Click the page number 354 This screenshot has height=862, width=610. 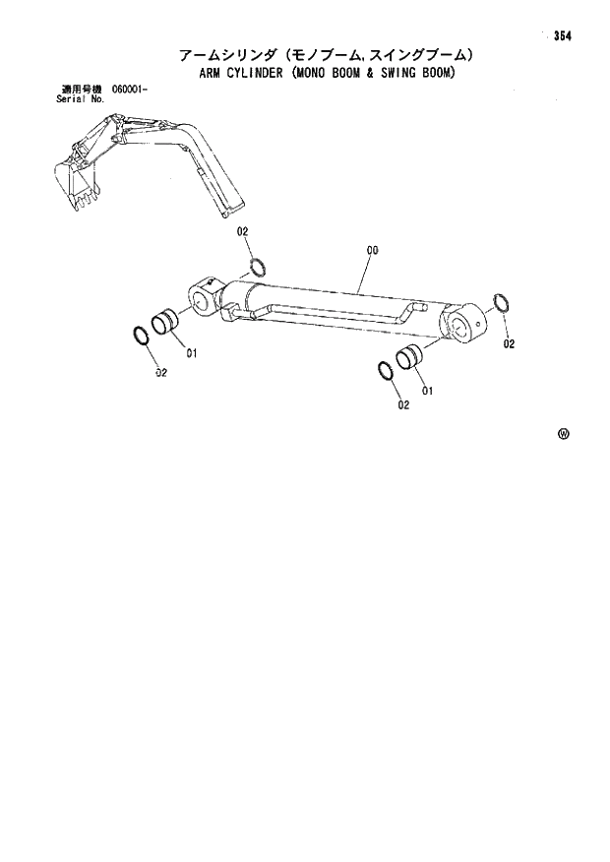[562, 36]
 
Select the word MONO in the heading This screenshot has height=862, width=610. [327, 73]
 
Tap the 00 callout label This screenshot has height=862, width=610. [373, 252]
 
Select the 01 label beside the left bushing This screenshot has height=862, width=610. [192, 354]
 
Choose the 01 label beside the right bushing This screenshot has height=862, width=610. [428, 390]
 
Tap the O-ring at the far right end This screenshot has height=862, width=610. [500, 304]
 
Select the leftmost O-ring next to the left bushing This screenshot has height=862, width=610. [142, 336]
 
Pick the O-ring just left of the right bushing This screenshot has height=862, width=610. [386, 371]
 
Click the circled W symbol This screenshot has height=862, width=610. [564, 433]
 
